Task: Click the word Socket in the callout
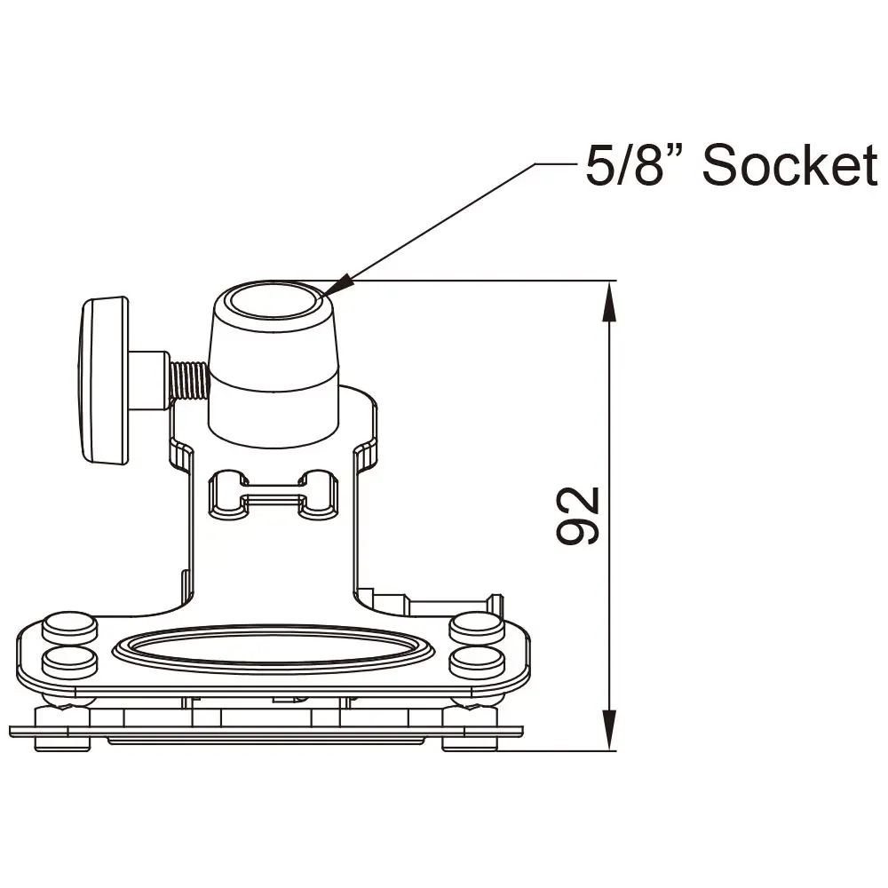click(x=789, y=165)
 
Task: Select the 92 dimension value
click(x=579, y=515)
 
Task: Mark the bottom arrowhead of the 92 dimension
click(x=608, y=732)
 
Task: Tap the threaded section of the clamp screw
click(x=188, y=380)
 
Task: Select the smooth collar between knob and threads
click(x=147, y=380)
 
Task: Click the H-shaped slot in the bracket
click(x=274, y=495)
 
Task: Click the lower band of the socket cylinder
click(x=274, y=408)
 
